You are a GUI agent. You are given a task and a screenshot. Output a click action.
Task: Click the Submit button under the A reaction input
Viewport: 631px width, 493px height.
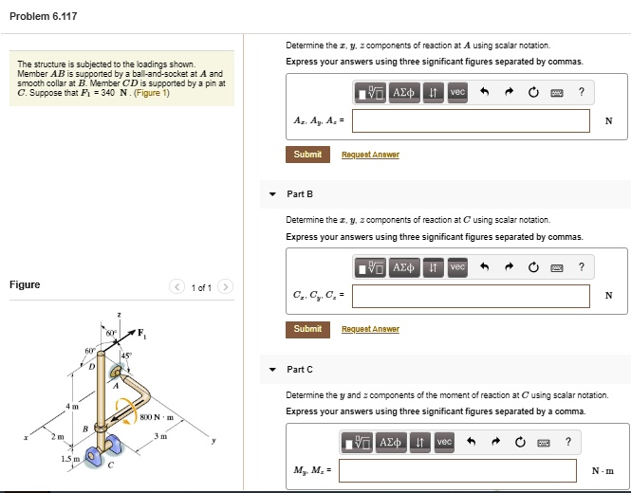coord(307,155)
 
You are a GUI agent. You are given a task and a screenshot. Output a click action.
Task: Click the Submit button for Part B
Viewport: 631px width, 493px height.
coord(307,329)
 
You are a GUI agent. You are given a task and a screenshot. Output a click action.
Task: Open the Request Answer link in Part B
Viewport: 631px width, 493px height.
coord(370,329)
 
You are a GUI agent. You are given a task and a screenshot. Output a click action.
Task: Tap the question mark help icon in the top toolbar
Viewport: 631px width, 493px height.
coord(581,92)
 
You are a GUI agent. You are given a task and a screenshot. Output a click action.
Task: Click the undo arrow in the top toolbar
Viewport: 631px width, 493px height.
coord(483,92)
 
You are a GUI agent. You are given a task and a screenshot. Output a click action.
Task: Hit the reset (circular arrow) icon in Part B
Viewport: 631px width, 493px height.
coord(533,267)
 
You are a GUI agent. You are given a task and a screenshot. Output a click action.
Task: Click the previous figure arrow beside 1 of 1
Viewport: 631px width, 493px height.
coord(176,286)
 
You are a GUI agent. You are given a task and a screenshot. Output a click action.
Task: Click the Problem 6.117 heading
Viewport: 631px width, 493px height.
coord(44,16)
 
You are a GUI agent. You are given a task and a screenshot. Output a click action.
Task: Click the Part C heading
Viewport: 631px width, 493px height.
coord(300,369)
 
